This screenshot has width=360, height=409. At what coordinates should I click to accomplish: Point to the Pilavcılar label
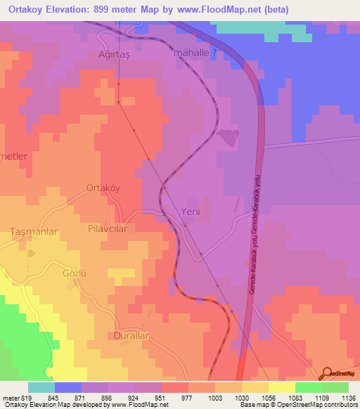point(107,228)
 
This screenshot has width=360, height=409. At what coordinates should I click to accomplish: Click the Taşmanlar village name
point(32,231)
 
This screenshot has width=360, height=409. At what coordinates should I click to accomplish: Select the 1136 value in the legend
point(349,397)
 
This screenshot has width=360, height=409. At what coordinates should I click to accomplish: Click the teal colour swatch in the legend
point(41,387)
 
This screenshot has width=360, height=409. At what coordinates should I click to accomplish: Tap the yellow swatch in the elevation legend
point(282,387)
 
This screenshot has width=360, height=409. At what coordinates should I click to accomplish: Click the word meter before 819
point(11,397)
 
